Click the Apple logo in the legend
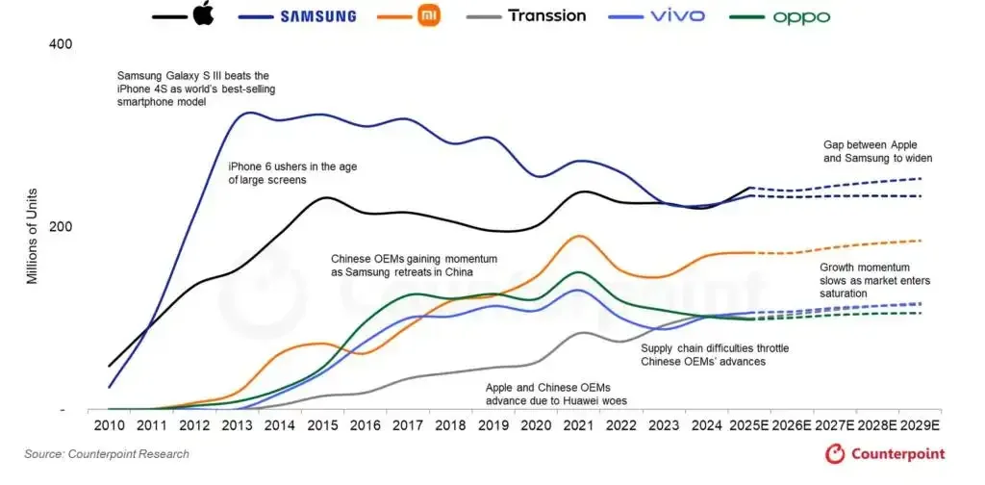[x=203, y=15]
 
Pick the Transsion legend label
[x=546, y=15]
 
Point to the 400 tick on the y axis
[x=61, y=44]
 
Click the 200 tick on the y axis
[x=61, y=226]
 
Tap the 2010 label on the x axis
[x=109, y=424]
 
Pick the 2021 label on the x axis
[x=577, y=424]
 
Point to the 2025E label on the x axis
[x=750, y=424]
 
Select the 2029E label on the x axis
[x=921, y=424]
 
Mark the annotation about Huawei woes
[x=553, y=393]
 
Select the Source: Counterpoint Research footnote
[x=107, y=454]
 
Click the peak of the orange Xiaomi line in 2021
[x=578, y=236]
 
